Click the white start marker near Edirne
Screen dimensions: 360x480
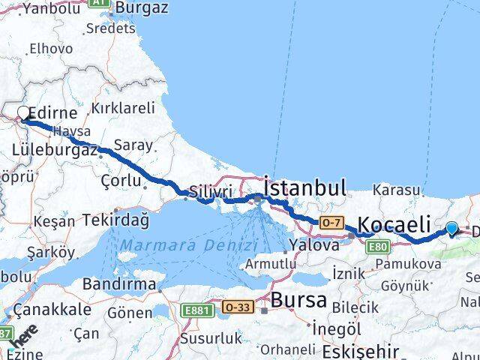click(x=23, y=114)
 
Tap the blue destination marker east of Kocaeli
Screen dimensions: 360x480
click(x=451, y=229)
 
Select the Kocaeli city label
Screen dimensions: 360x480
click(x=394, y=223)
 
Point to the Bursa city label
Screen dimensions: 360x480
click(x=298, y=301)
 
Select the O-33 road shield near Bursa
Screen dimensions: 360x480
click(x=238, y=307)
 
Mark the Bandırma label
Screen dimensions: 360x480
click(x=124, y=284)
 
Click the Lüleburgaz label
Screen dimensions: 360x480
click(x=55, y=150)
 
